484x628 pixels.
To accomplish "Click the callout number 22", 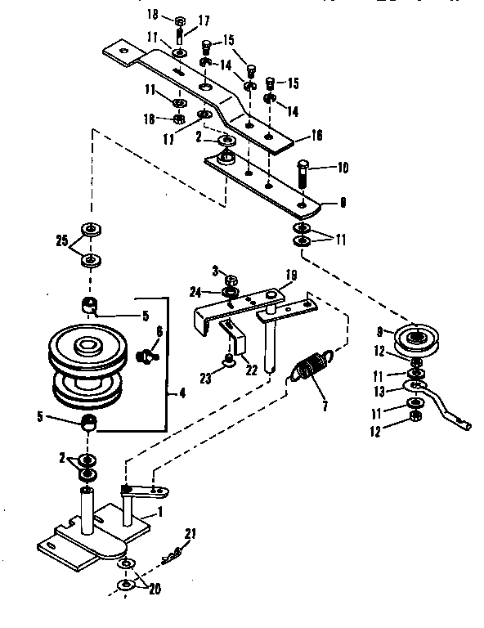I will click(x=252, y=369).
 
